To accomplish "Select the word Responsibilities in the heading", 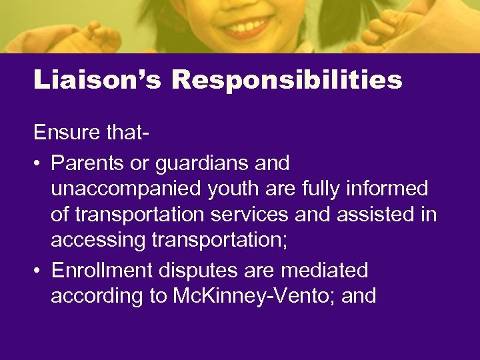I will [x=287, y=80].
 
